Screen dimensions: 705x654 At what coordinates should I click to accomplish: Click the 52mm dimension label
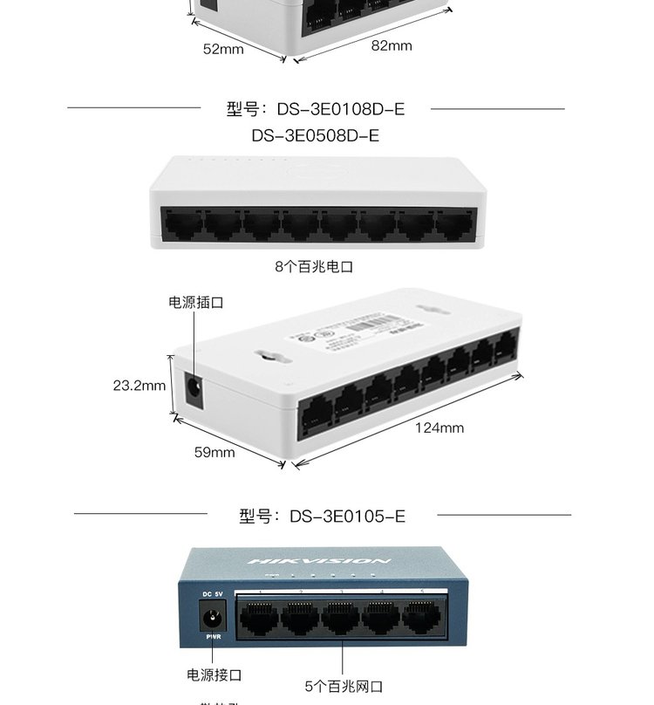click(x=223, y=50)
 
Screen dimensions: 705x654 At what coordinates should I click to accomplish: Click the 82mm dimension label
click(x=391, y=45)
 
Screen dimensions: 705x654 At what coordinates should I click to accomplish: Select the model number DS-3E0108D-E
click(x=340, y=109)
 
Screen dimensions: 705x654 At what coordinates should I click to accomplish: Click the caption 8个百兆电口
click(x=314, y=267)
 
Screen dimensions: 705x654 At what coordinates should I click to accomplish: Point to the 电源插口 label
click(x=196, y=303)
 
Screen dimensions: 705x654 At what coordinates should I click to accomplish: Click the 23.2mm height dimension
click(x=140, y=385)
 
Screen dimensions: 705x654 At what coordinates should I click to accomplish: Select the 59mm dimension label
click(x=214, y=452)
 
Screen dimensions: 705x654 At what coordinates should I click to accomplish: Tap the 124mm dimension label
click(x=439, y=428)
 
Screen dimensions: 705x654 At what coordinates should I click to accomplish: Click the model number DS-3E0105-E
click(x=346, y=517)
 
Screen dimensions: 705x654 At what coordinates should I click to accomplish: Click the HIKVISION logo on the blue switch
click(x=320, y=560)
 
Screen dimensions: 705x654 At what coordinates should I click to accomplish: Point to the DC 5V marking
click(x=213, y=595)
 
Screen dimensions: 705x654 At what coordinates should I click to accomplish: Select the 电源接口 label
click(x=215, y=674)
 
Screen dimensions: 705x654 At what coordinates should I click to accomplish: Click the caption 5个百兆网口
click(x=344, y=687)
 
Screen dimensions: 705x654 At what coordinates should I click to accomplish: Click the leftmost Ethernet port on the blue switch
click(x=259, y=617)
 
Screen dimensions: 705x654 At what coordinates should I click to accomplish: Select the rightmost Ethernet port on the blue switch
click(x=422, y=617)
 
